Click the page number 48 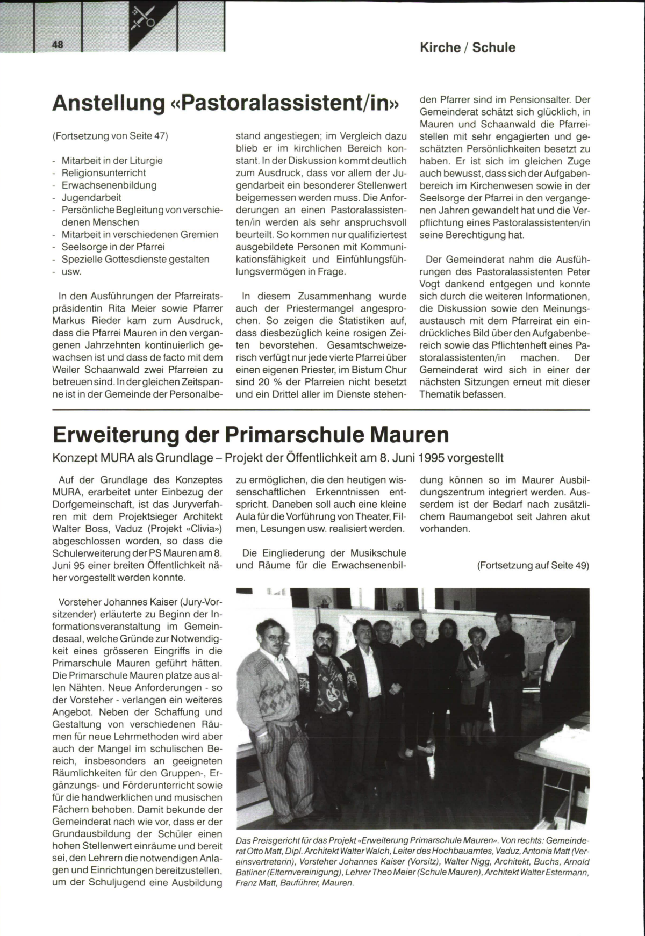click(58, 45)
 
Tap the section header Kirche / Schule click(467, 47)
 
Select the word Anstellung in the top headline click(107, 104)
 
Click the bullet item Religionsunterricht click(104, 173)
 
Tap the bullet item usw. click(71, 271)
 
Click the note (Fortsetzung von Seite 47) click(110, 136)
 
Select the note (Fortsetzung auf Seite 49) click(533, 566)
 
